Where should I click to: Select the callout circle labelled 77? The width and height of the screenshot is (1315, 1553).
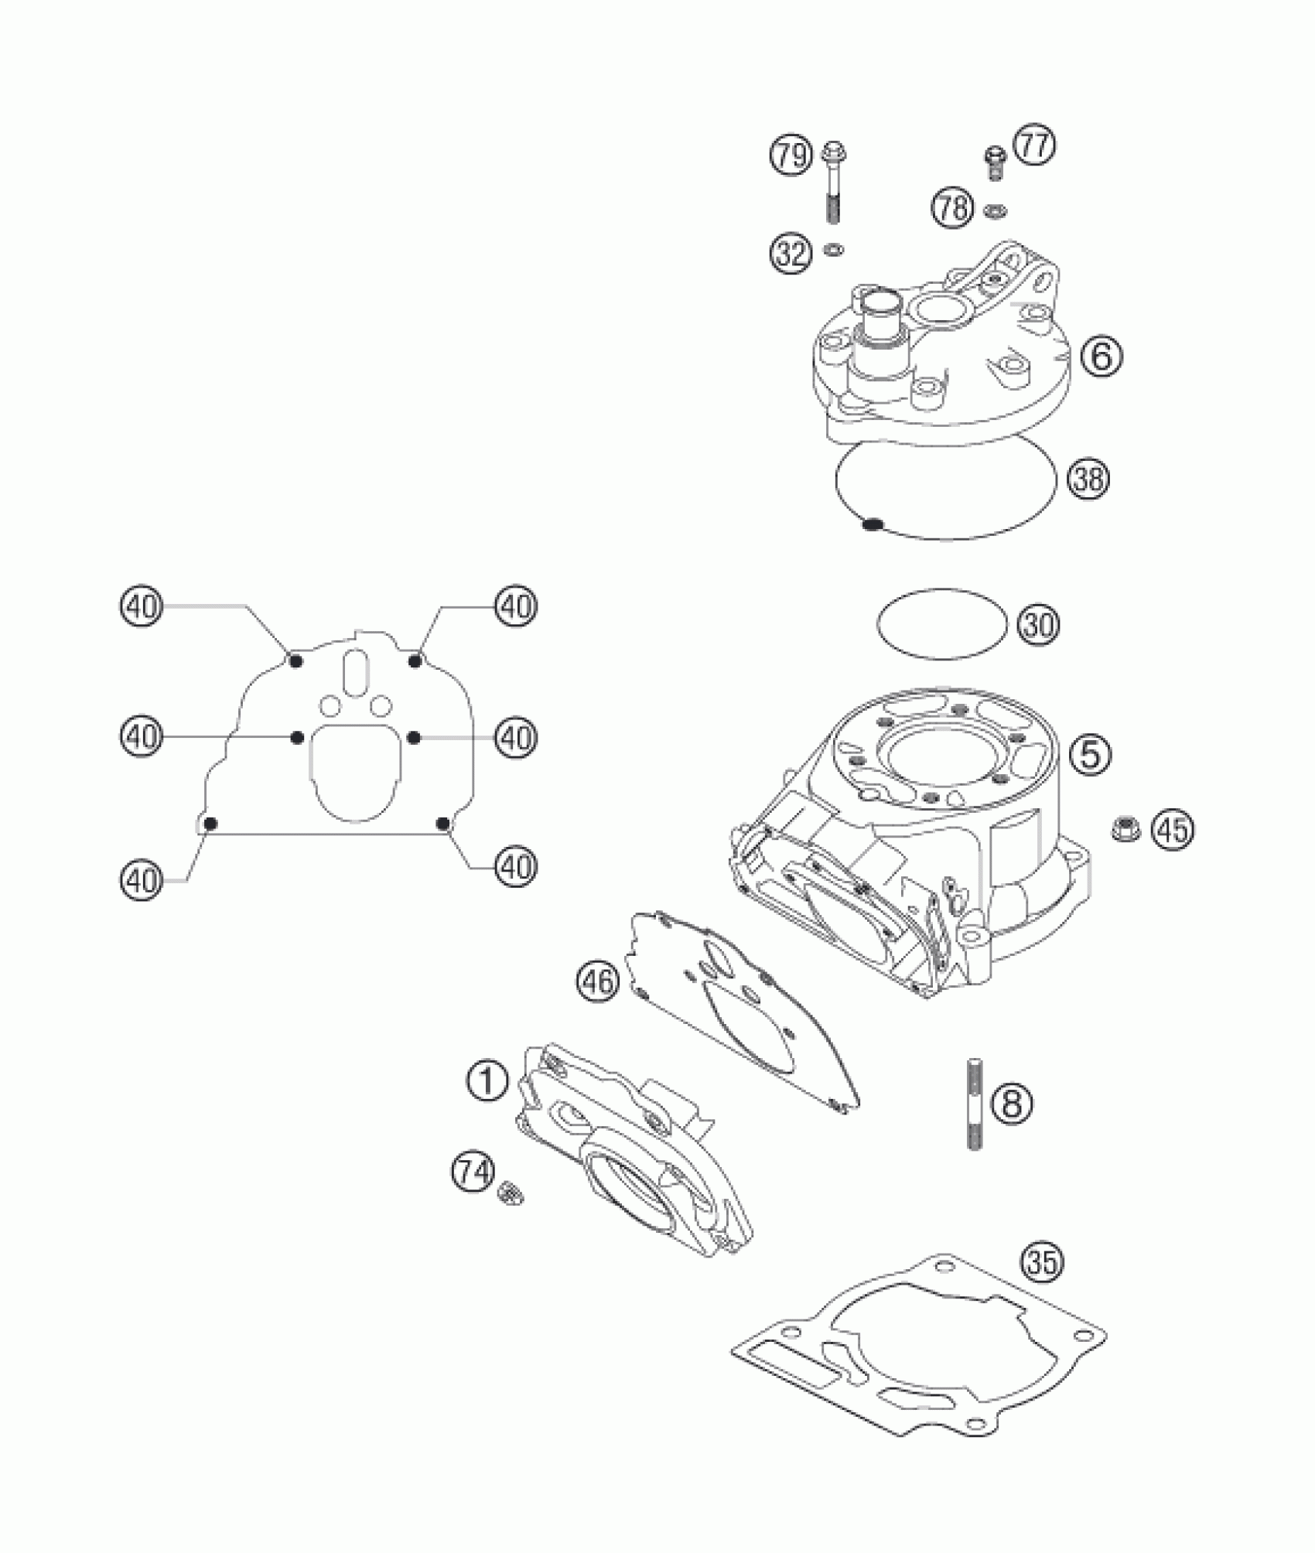(1034, 146)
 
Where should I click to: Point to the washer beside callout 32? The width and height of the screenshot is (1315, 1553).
(835, 249)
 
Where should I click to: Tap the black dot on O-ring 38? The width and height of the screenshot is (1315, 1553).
(873, 525)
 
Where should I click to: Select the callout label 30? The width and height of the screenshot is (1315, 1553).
(1037, 625)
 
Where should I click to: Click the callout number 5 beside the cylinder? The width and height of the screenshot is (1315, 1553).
(1089, 753)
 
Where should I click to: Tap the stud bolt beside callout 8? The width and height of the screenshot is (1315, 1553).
(973, 1103)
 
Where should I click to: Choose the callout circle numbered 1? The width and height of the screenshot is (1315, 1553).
(487, 1081)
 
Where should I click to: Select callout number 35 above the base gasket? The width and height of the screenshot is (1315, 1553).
(1042, 1262)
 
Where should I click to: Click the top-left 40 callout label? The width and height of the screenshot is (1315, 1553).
(142, 606)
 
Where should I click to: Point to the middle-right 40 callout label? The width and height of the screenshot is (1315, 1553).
(516, 736)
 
